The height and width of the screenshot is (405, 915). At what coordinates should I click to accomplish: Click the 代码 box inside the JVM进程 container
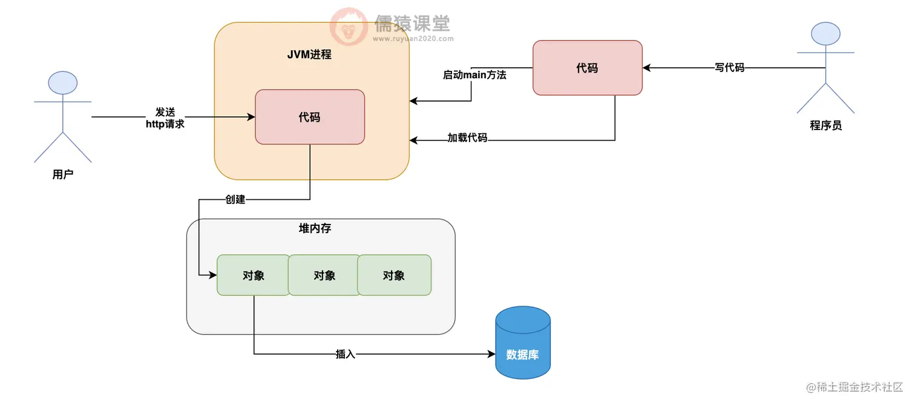point(310,117)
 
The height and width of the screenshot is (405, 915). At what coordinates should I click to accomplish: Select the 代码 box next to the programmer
point(587,68)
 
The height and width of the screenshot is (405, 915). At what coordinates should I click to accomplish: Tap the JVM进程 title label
point(309,54)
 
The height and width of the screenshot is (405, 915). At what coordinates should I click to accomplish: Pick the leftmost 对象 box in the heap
point(253,275)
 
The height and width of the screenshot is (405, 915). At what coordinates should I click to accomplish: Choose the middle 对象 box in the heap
point(324,275)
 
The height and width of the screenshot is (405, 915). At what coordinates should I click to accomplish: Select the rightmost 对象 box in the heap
point(394,275)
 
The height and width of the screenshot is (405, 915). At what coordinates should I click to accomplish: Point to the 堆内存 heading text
point(315,229)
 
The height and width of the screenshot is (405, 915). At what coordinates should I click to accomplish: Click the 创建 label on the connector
point(235,199)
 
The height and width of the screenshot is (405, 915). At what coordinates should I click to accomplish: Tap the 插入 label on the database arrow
point(345,354)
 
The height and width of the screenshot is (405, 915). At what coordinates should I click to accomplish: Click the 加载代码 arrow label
point(467,137)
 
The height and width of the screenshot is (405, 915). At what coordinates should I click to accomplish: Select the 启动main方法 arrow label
point(474,75)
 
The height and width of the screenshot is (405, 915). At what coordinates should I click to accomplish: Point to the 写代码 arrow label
point(729,68)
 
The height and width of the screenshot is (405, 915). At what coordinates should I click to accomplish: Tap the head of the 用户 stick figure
point(63,83)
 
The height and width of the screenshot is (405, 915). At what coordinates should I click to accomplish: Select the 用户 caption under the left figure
point(63,175)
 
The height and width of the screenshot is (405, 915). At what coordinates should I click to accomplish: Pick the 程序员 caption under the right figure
point(825,126)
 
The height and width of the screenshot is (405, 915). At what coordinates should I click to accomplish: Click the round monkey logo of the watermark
point(349,27)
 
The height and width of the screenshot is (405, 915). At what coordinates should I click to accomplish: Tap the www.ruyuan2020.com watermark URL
point(413,38)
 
